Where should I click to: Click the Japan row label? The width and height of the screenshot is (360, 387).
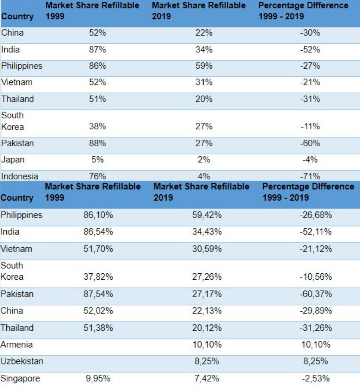tap(13, 160)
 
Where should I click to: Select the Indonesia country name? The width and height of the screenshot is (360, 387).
tap(20, 176)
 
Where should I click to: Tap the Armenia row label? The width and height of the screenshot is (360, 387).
tap(16, 345)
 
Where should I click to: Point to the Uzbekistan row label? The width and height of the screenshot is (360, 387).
tap(22, 361)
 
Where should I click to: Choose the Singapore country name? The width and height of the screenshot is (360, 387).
tap(20, 379)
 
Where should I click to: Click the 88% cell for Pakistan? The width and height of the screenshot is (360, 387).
tap(97, 143)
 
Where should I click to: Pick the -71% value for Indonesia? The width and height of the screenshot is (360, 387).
tap(310, 176)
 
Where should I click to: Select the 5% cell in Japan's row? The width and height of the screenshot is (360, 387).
tap(97, 160)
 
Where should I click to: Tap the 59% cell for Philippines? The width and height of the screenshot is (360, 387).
tap(204, 66)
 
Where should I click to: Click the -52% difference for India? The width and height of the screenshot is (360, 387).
tap(310, 50)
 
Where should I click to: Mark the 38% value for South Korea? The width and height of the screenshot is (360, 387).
tap(97, 127)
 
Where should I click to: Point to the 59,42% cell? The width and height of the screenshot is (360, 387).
tap(207, 215)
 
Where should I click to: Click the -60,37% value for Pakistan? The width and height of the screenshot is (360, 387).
tap(315, 294)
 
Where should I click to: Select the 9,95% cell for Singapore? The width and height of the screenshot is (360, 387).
tap(98, 379)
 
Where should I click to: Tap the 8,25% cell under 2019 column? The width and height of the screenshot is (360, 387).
tap(207, 361)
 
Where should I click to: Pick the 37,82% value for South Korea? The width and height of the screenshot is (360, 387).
tap(98, 277)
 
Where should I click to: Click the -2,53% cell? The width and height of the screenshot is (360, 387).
tap(315, 379)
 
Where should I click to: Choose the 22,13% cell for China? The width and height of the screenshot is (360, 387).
tap(207, 311)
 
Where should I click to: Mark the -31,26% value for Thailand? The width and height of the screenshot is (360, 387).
tap(315, 328)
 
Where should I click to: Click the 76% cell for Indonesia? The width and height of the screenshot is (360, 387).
tap(97, 176)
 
